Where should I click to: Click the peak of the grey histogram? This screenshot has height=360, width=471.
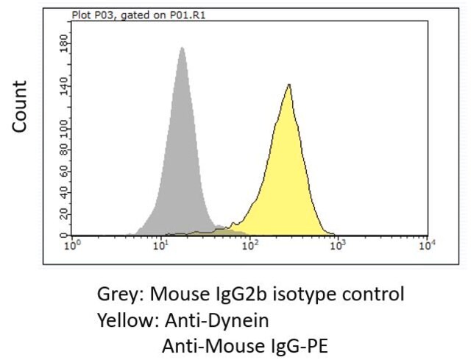click(182, 48)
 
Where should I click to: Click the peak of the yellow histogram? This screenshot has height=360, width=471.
click(289, 85)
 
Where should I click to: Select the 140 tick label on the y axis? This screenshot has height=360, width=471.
click(64, 86)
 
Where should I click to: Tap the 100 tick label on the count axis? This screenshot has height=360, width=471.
click(64, 130)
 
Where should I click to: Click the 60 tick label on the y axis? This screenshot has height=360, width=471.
click(64, 172)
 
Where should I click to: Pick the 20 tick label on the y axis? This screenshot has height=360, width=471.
click(64, 214)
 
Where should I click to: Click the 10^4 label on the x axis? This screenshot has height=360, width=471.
click(428, 245)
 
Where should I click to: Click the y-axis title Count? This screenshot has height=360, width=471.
click(20, 106)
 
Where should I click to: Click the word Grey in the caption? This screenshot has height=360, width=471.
click(120, 294)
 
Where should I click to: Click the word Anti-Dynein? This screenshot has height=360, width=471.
click(216, 320)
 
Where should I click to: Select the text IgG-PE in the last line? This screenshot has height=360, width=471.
click(297, 346)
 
